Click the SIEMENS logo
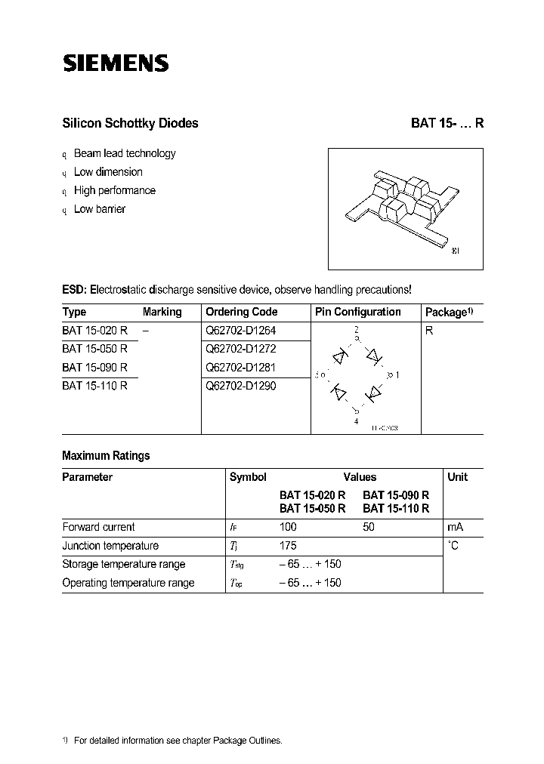pyautogui.click(x=115, y=63)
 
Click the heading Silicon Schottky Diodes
pyautogui.click(x=130, y=123)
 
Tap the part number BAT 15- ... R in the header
pyautogui.click(x=447, y=123)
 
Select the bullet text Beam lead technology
pyautogui.click(x=125, y=153)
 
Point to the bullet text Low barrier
pyautogui.click(x=100, y=209)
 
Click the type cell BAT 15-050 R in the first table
pyautogui.click(x=94, y=349)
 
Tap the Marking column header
pyautogui.click(x=162, y=312)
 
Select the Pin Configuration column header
pyautogui.click(x=357, y=312)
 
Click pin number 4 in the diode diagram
pyautogui.click(x=357, y=421)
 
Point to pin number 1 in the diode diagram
pyautogui.click(x=397, y=374)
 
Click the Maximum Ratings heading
pyautogui.click(x=106, y=455)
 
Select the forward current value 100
pyautogui.click(x=288, y=527)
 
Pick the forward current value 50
pyautogui.click(x=369, y=527)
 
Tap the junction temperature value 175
pyautogui.click(x=288, y=545)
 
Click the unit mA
pyautogui.click(x=455, y=527)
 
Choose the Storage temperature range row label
pyautogui.click(x=123, y=564)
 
